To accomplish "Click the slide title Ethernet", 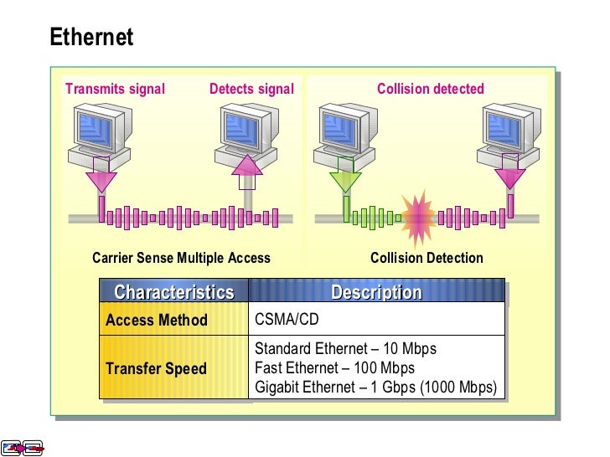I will point(91,38).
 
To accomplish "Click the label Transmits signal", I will point(115,89).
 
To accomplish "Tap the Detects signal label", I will point(251,89).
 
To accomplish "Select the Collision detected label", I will point(430,89).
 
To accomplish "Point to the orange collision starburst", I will point(416,216).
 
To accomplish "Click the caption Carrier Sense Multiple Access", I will point(181,258).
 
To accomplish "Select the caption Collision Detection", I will point(426,258).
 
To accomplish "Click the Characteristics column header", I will point(174,292).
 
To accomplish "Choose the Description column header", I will point(376,292).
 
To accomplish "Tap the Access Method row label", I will point(157,320).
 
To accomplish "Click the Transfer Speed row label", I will point(156,368).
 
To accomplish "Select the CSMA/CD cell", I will point(287,320).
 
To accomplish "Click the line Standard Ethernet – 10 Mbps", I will point(345,349).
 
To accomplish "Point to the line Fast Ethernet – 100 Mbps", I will point(334,368).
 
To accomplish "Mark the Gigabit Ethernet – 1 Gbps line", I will point(375,388).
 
